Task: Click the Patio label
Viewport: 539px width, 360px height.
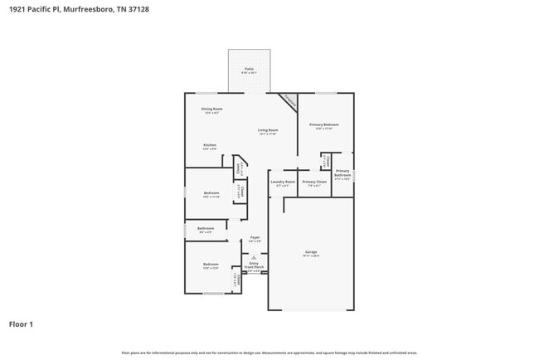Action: pos(249,69)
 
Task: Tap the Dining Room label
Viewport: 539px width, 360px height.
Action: pos(211,109)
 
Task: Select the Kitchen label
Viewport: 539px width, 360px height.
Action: pos(210,145)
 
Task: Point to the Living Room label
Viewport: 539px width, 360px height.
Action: pos(267,130)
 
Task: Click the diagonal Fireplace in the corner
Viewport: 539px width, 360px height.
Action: pos(288,100)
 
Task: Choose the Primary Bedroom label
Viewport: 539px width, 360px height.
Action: pos(323,124)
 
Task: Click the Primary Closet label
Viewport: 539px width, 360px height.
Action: pos(314,182)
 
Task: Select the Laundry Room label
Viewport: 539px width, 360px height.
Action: pos(284,182)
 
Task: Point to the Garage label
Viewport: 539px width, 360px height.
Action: pos(311,252)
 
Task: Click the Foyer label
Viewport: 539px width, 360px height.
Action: pos(255,237)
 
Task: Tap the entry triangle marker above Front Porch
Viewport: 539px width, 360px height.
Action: pos(255,258)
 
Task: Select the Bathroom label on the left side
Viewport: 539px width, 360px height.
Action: pos(206,228)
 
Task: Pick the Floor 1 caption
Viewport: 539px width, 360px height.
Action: pos(21,324)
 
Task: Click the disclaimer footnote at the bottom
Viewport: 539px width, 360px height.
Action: pos(269,353)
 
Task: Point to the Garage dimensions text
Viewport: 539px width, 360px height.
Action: pos(311,256)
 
